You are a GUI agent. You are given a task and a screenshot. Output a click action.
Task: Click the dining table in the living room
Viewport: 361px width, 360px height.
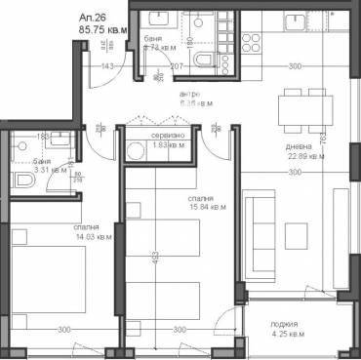pos(302,107)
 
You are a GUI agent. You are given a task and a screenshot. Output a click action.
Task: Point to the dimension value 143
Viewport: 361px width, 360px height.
pos(108,65)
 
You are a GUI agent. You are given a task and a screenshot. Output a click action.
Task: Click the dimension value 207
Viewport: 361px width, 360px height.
pos(178,65)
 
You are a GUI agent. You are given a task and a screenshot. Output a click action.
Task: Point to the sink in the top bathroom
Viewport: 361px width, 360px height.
pos(155,20)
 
